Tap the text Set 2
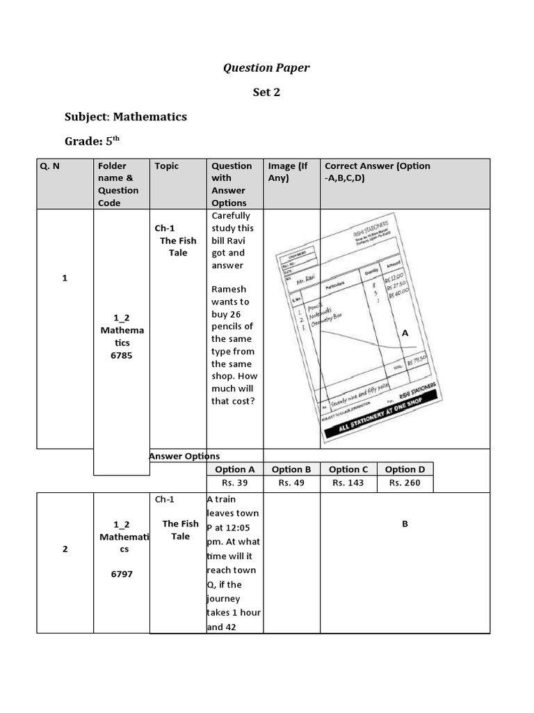click(266, 92)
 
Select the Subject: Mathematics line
click(126, 116)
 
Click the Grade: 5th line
click(92, 141)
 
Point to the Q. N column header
click(51, 166)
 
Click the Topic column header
click(167, 166)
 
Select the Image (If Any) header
click(288, 171)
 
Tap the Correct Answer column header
click(377, 171)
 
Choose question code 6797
click(122, 574)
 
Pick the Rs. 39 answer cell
click(234, 483)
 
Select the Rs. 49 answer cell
click(291, 483)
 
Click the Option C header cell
click(348, 469)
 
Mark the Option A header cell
click(234, 469)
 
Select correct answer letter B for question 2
click(405, 524)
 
